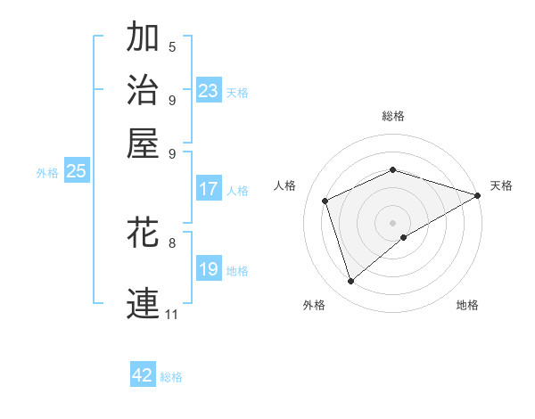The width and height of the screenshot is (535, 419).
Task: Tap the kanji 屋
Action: [x=144, y=143]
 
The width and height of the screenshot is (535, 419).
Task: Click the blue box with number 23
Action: [x=208, y=91]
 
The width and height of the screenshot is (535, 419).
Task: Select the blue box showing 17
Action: [x=208, y=189]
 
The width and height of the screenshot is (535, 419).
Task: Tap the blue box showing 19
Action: [x=208, y=269]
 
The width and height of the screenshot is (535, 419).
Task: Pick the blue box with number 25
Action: [x=76, y=171]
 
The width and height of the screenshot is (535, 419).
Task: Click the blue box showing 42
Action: [x=143, y=375]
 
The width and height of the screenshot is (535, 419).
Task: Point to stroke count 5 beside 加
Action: [x=172, y=47]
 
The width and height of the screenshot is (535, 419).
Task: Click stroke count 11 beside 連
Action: [x=171, y=314]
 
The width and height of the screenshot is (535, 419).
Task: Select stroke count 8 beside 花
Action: [x=172, y=242]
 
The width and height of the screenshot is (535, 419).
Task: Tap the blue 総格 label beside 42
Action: [x=171, y=377]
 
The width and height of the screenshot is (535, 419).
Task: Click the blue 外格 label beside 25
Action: [x=47, y=173]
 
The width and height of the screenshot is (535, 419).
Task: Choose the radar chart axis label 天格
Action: [x=501, y=185]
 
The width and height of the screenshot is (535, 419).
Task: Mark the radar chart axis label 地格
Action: [x=467, y=305]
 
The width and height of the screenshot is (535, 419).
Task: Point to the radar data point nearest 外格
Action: [x=350, y=282]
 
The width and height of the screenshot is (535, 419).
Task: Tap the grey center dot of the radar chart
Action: [x=392, y=222]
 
